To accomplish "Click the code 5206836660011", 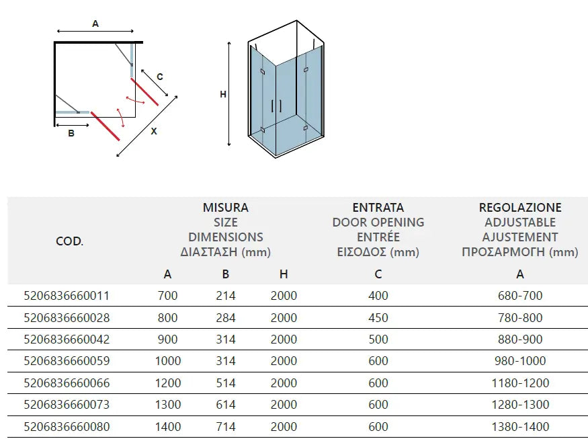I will [67, 296].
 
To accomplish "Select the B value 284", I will [226, 317].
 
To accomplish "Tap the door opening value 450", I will [378, 317].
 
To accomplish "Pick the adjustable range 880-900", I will [519, 340].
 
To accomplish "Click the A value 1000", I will [167, 361].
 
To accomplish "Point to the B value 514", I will [226, 383].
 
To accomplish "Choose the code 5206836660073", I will [67, 405].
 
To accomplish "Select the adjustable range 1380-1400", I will [519, 427].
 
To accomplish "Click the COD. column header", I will [69, 241].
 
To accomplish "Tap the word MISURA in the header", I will [226, 208].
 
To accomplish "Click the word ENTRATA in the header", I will [378, 208].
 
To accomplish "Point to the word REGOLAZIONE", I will [519, 208].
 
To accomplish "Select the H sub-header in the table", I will [284, 274].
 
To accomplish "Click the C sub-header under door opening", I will [378, 274].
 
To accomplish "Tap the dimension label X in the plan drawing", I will [154, 132].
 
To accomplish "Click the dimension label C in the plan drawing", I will [159, 77].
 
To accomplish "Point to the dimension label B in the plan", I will [71, 134].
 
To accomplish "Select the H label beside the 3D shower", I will [223, 95].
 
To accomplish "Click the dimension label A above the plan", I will [95, 24].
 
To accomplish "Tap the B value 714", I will [226, 427].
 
